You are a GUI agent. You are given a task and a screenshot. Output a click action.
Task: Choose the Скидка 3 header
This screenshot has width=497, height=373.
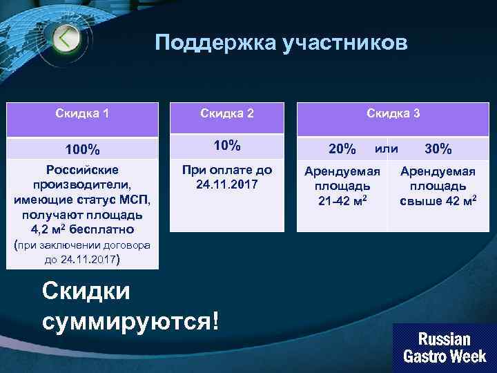[x=393, y=113]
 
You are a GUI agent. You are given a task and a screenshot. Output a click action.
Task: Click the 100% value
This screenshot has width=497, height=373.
[x=82, y=149]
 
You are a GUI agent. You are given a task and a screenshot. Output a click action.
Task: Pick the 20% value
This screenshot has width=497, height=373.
[x=342, y=149]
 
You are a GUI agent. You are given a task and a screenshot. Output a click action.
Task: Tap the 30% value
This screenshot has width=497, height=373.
[x=438, y=149]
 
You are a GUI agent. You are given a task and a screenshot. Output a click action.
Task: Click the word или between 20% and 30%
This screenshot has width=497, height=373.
[x=386, y=148]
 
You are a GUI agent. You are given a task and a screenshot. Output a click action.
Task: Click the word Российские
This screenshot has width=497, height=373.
[x=82, y=170]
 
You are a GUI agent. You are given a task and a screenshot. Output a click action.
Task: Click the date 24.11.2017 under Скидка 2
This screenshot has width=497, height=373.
[x=226, y=185]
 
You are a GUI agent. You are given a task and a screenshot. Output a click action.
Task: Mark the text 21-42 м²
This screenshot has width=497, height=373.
[x=342, y=201]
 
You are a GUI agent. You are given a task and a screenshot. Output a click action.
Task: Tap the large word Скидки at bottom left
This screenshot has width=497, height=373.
[x=86, y=290]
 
